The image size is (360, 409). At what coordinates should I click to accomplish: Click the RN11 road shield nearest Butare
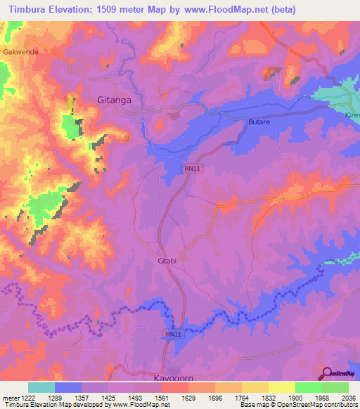(191, 169)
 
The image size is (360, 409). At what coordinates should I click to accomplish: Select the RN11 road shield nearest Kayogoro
(174, 334)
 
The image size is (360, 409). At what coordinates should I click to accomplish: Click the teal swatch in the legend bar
(41, 387)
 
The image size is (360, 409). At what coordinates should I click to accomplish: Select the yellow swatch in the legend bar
(281, 387)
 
